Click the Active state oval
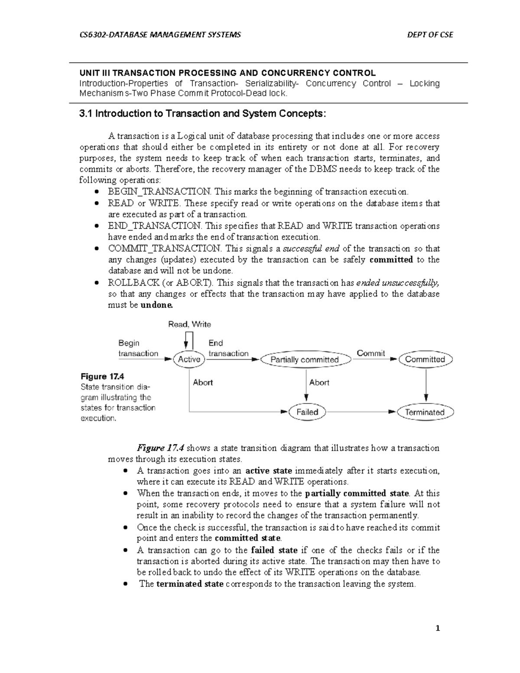[x=189, y=359]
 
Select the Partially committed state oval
[x=304, y=360]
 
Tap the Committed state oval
[x=425, y=359]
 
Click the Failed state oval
[x=307, y=412]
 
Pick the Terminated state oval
[x=425, y=412]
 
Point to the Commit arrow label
[x=370, y=353]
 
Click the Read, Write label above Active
[x=189, y=324]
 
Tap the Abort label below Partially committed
[x=319, y=382]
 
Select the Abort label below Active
[x=203, y=382]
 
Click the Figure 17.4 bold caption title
[x=102, y=376]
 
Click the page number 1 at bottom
[x=438, y=628]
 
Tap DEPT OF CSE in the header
[x=430, y=35]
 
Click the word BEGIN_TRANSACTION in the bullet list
[x=159, y=192]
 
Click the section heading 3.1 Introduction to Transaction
[x=201, y=114]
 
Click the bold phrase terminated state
[x=190, y=584]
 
